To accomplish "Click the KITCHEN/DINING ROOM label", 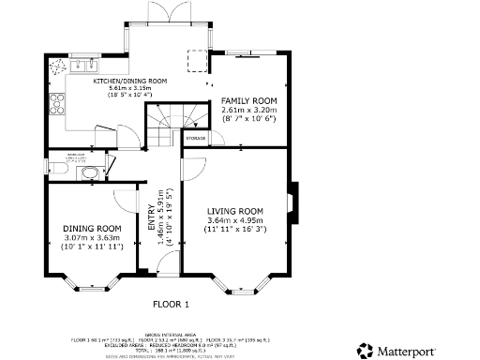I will pos(129,82).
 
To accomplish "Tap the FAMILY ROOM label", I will pos(248,99).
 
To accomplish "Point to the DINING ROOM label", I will pos(92,229).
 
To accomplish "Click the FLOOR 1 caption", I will pos(171,304).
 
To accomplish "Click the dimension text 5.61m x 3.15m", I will pos(129,90).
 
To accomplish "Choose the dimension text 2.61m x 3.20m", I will pos(248,110).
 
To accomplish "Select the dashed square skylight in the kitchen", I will pos(198,59).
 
